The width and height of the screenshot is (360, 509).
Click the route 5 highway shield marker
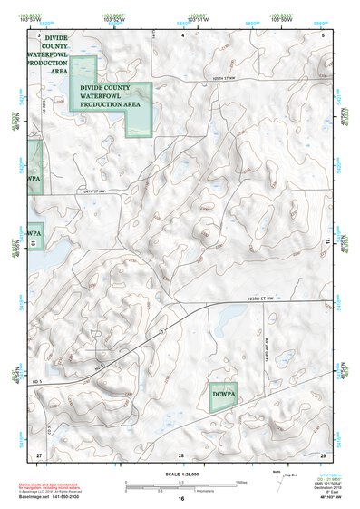161,334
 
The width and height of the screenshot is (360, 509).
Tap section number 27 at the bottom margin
39,453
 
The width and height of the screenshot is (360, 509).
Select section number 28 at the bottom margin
181,453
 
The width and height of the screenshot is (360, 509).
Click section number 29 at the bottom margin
324,453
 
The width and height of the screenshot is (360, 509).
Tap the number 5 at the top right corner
324,34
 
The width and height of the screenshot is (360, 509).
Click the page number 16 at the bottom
181,499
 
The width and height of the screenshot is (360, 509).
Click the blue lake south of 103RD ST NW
227,317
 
